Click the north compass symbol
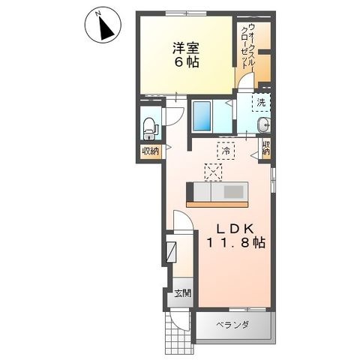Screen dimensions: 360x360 103,25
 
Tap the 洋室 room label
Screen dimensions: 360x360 186,48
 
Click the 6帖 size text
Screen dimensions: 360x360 186,62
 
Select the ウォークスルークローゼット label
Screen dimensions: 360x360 247,46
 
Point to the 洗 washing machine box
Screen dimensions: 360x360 261,103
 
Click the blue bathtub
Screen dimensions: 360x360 202,116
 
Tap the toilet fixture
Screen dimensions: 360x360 150,128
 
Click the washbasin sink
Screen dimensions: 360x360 263,124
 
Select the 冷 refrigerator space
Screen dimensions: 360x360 226,151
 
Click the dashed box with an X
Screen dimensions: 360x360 213,172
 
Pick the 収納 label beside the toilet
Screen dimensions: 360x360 151,151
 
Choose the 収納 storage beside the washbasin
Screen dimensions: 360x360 266,148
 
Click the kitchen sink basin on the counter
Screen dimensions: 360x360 233,193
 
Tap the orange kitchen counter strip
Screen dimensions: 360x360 217,205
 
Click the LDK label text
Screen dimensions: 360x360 235,229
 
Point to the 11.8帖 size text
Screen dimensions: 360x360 235,242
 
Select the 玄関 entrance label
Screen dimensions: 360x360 183,292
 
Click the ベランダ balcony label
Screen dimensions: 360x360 232,325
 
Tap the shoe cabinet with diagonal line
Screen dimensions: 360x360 172,252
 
